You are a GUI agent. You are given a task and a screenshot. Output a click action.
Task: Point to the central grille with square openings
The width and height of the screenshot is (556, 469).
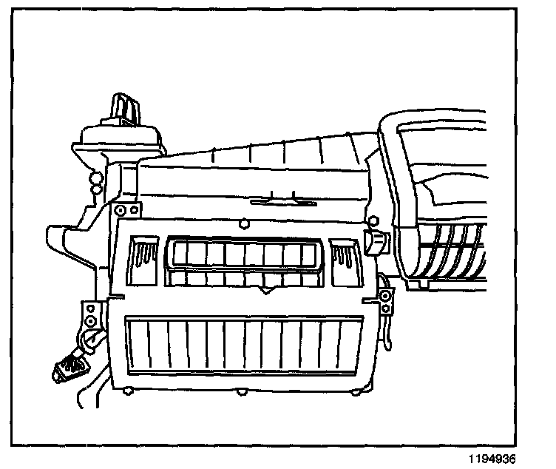244,263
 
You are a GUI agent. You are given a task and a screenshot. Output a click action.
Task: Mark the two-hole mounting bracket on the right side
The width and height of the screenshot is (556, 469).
385,301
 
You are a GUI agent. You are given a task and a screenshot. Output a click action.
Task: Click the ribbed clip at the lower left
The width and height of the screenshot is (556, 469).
68,367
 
